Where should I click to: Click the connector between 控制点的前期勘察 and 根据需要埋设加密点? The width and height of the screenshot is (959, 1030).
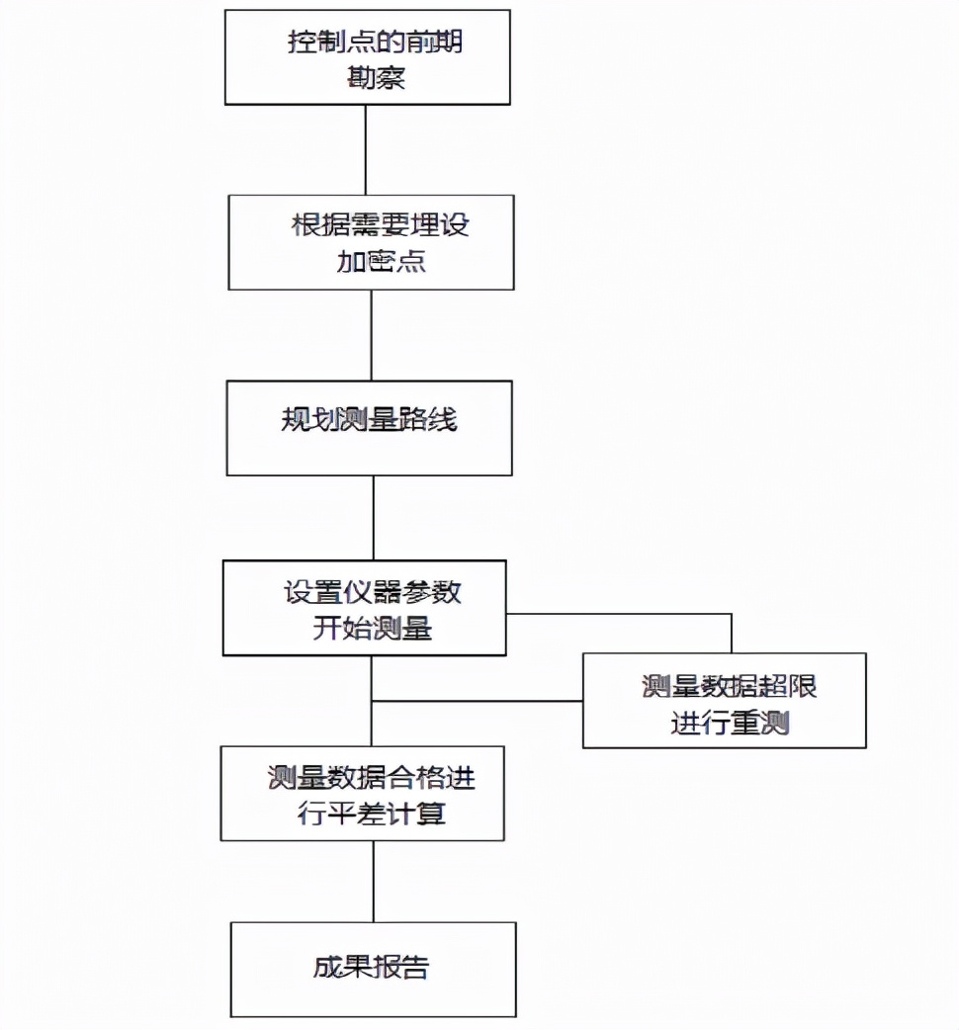click(x=366, y=149)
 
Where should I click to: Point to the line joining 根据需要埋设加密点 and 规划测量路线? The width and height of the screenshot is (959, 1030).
click(x=372, y=335)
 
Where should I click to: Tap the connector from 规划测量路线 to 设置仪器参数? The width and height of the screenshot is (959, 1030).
click(x=373, y=518)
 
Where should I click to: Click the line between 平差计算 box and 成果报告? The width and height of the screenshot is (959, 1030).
click(x=373, y=882)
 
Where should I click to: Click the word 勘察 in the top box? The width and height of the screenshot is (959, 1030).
click(x=376, y=77)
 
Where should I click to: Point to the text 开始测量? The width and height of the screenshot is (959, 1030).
click(x=373, y=628)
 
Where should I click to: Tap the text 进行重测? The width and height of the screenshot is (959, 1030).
click(x=730, y=723)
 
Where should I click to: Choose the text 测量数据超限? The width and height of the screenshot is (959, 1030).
click(x=729, y=687)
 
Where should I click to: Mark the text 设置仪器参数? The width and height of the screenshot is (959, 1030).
click(x=373, y=592)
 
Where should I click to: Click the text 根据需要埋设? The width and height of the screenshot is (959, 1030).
click(x=381, y=224)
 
